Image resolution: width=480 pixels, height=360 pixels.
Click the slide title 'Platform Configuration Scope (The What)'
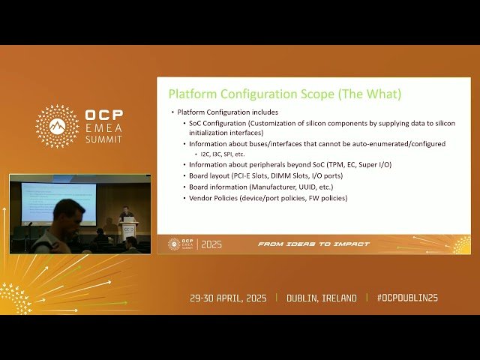coord(284,94)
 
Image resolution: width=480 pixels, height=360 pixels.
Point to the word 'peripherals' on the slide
coord(262,164)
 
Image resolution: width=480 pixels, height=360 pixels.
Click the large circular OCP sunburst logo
coord(57,126)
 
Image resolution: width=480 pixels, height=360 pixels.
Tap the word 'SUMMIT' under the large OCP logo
coord(104,140)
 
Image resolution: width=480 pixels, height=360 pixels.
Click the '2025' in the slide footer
coord(211,244)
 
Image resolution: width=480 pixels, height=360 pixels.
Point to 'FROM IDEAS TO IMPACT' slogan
coord(313,244)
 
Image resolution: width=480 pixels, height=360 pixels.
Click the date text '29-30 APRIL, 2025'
coord(230,298)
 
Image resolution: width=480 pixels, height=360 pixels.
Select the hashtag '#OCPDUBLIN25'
coord(407,298)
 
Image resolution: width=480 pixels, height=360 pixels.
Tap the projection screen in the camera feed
coord(58,201)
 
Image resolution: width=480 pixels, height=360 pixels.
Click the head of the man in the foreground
coord(67,213)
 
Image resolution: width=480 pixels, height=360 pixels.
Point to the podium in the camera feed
coord(129,229)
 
